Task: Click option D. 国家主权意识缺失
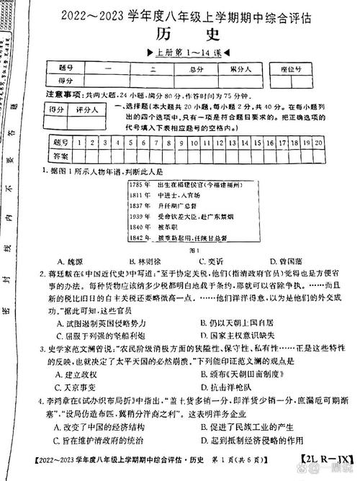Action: (238, 336)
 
